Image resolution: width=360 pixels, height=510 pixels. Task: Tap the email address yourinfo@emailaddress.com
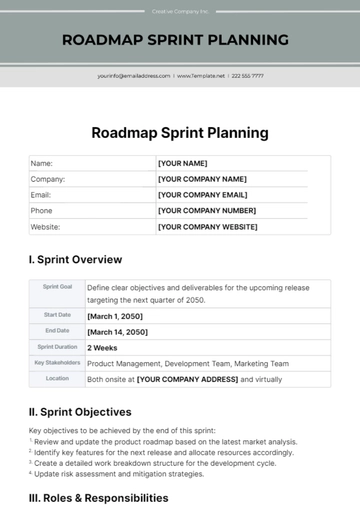pyautogui.click(x=134, y=75)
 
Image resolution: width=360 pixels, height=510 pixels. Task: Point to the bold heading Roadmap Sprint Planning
pyautogui.click(x=180, y=132)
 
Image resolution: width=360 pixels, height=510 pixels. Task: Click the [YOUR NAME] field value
pyautogui.click(x=182, y=163)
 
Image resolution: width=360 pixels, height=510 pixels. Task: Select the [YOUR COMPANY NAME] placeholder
pyautogui.click(x=202, y=179)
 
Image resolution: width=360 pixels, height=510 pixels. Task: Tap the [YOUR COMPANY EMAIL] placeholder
pyautogui.click(x=202, y=195)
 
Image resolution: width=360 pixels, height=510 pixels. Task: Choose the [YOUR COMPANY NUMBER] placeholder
pyautogui.click(x=205, y=211)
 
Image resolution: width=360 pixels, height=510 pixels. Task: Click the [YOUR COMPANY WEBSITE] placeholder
pyautogui.click(x=207, y=227)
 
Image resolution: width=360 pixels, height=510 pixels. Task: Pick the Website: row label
pyautogui.click(x=46, y=227)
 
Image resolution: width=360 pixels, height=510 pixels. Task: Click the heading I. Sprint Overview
pyautogui.click(x=76, y=259)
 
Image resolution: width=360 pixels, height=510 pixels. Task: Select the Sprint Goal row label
pyautogui.click(x=57, y=286)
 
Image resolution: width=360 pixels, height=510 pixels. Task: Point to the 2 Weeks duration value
pyautogui.click(x=102, y=348)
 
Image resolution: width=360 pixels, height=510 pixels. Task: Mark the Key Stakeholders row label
pyautogui.click(x=57, y=363)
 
